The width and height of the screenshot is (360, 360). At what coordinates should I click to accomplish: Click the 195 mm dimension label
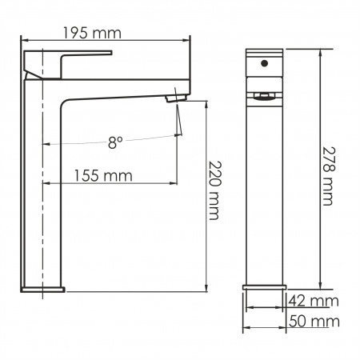[x=92, y=33]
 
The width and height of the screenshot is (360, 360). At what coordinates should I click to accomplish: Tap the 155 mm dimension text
[x=103, y=176]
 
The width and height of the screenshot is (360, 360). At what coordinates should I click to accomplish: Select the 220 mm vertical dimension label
[x=214, y=190]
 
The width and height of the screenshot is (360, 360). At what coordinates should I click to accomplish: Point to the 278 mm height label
[x=327, y=176]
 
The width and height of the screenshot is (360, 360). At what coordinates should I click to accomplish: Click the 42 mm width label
[x=314, y=301]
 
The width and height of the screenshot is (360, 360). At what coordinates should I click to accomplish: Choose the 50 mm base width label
[x=314, y=321]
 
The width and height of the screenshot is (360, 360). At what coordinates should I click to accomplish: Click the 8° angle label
[x=115, y=142]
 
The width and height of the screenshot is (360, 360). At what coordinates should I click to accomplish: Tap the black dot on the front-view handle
[x=264, y=63]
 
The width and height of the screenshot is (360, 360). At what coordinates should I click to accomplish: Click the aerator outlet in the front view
[x=264, y=96]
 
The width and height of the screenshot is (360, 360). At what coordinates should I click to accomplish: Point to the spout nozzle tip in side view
[x=175, y=98]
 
